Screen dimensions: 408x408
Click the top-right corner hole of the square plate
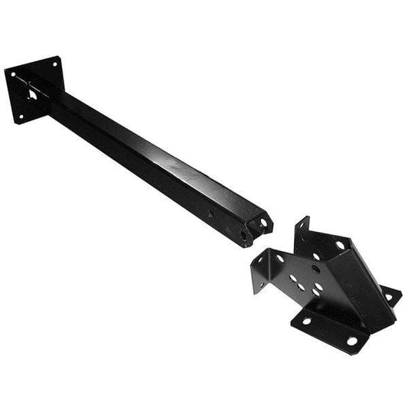click(x=54, y=61)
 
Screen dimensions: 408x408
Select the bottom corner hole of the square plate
click(x=21, y=117)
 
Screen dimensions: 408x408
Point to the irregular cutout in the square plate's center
click(x=34, y=96)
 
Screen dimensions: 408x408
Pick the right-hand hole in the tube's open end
click(x=263, y=223)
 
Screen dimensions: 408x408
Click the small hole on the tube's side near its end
click(x=209, y=214)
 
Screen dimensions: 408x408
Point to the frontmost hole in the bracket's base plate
click(x=351, y=340)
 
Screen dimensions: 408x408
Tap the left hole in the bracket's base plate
click(x=305, y=321)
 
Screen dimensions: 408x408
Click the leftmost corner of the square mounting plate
click(x=5, y=74)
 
